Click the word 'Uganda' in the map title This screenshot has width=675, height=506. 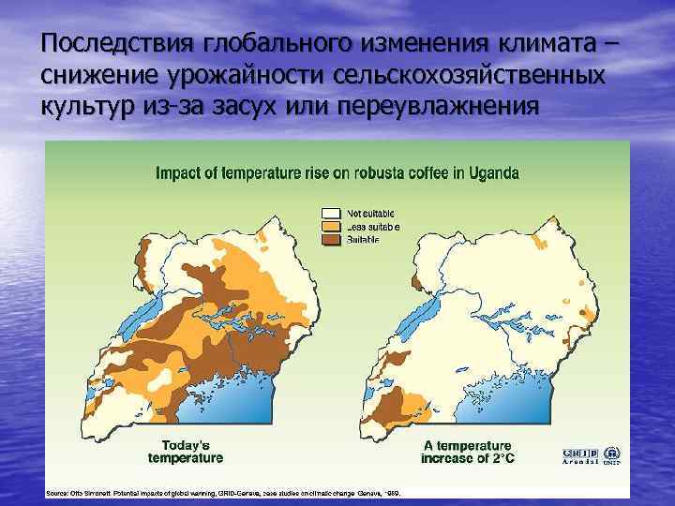[x=492, y=173]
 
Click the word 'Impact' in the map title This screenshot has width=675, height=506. [x=177, y=173]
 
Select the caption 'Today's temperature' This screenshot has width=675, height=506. [x=186, y=452]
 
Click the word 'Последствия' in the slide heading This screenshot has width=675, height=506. [x=112, y=44]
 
